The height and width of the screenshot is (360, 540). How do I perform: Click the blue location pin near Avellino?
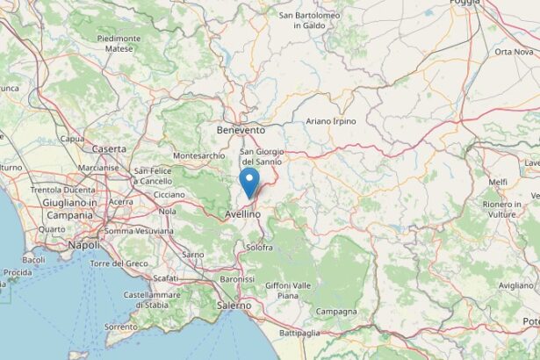click(250, 184)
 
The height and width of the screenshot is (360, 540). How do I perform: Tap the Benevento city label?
click(241, 130)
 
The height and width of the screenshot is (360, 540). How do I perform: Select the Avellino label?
click(241, 213)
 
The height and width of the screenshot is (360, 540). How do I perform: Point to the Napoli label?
click(84, 246)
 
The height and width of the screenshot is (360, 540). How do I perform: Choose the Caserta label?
click(109, 149)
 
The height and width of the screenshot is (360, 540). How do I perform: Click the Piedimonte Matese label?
click(119, 44)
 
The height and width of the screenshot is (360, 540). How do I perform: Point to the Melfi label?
click(498, 182)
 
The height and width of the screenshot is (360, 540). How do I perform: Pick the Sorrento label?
click(120, 326)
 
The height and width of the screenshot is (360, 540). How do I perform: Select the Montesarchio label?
click(199, 155)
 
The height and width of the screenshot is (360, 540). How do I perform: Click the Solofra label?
click(259, 248)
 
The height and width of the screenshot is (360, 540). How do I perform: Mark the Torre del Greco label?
click(122, 263)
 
